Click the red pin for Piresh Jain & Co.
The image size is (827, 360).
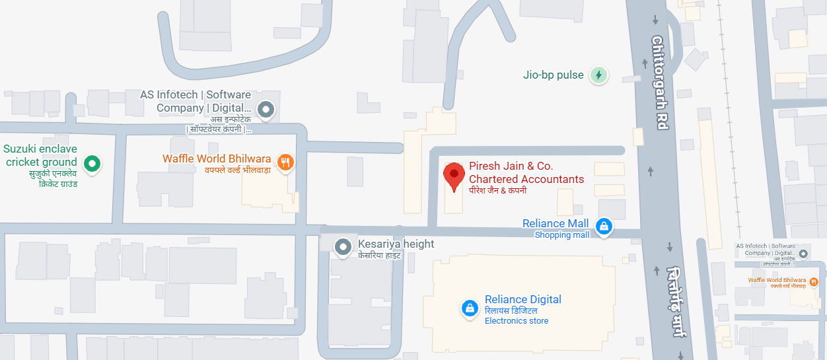tap(454, 176)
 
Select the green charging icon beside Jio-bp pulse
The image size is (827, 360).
tap(598, 75)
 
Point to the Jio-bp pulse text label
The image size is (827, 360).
tap(554, 75)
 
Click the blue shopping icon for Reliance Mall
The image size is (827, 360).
tap(603, 227)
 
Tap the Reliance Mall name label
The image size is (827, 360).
tap(555, 223)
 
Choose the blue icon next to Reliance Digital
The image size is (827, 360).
tap(470, 308)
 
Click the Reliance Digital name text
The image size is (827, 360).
tap(522, 299)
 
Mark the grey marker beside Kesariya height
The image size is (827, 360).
tap(343, 247)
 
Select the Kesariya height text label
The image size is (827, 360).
tap(396, 244)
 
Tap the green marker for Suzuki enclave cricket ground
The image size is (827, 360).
tap(93, 162)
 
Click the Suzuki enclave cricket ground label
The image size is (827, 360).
tap(41, 155)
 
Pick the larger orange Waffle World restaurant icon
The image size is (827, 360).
tap(285, 162)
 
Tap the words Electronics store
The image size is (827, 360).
tap(517, 321)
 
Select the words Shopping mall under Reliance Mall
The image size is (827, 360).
tap(561, 235)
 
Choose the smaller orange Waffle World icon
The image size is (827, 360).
tap(814, 281)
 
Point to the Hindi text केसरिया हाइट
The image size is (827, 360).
tap(379, 255)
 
